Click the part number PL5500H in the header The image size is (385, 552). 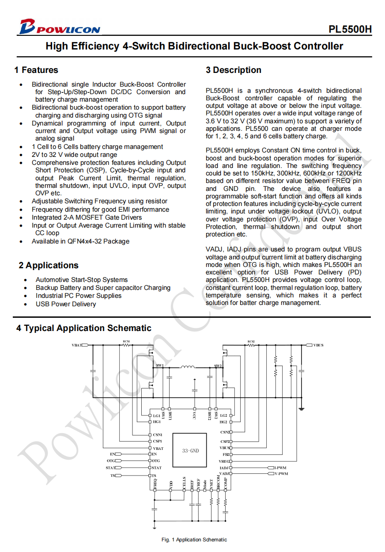(350, 30)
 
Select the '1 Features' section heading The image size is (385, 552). (36, 70)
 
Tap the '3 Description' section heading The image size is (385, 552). (233, 70)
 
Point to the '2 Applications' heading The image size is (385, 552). (48, 265)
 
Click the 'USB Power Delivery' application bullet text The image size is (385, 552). (65, 304)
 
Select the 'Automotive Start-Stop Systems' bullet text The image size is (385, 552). (81, 280)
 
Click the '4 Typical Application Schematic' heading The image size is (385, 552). (83, 328)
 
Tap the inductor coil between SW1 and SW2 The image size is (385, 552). (188, 366)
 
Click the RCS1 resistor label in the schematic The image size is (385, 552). (126, 341)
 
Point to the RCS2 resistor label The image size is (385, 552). (251, 341)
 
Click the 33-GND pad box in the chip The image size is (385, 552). (190, 451)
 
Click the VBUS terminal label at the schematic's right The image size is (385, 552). (318, 345)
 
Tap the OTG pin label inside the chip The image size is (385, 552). (155, 461)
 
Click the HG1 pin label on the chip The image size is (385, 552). (157, 422)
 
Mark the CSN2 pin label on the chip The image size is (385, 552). (225, 432)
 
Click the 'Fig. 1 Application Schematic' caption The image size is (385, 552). (194, 540)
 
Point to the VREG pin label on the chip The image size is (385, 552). (224, 461)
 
